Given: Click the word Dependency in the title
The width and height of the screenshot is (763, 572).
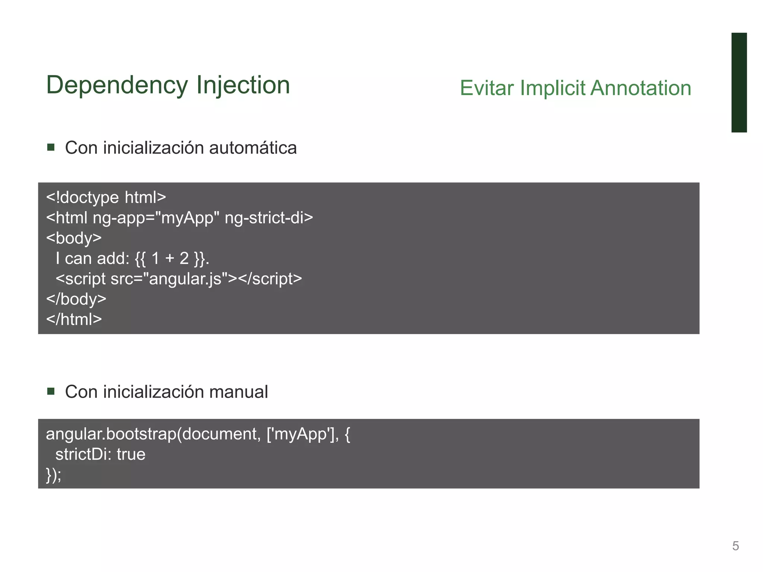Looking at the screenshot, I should point(117,86).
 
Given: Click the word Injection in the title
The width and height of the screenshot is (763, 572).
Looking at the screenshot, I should point(243,86).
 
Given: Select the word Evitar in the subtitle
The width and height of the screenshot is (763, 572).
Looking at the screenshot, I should point(487,88).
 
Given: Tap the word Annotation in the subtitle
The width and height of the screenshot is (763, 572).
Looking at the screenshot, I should point(641,88).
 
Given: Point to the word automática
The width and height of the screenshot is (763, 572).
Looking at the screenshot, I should point(253,148).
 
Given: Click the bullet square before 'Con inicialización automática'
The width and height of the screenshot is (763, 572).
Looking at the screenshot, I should point(51,147).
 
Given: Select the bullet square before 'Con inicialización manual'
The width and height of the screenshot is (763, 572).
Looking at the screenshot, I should point(51,391).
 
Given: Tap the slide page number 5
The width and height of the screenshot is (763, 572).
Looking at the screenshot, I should point(735,546).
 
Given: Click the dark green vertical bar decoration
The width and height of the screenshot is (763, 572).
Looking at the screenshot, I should point(739,82).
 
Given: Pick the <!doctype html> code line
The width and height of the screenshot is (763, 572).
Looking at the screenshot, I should point(106,197).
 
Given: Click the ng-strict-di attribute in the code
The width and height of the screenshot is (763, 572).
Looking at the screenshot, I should point(269,218).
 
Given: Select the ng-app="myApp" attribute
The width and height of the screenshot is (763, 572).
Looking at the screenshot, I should point(156,218).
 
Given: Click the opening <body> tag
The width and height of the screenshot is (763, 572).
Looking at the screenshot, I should point(74,238).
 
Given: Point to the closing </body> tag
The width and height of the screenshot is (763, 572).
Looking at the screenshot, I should point(76,299).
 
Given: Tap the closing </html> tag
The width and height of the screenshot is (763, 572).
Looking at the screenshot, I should point(74,320).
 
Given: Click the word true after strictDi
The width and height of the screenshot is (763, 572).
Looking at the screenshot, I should point(131,454).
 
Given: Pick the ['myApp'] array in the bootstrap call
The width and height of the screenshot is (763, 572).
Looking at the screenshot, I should point(302,434).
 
